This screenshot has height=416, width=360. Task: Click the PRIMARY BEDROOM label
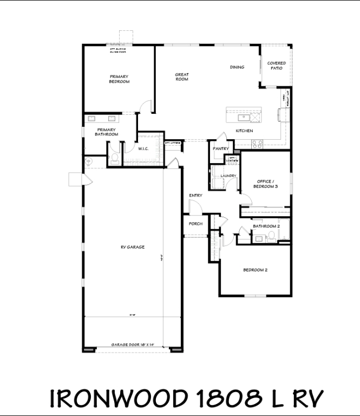[119, 79]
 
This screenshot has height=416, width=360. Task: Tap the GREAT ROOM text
[181, 77]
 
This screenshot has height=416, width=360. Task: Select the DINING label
[237, 67]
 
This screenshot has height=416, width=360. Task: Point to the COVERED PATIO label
[276, 66]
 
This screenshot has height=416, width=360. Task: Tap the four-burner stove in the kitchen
[257, 144]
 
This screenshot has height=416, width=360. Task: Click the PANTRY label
[220, 148]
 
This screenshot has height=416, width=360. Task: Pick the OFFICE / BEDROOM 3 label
[265, 184]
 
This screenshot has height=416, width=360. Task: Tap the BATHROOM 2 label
[266, 226]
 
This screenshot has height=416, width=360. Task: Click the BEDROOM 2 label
[255, 270]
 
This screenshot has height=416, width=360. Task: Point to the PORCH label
[195, 224]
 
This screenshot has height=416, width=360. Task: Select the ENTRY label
[195, 196]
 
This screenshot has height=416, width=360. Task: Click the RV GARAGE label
[132, 247]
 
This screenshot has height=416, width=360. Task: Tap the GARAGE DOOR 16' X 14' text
[133, 344]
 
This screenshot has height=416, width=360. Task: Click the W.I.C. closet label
[143, 148]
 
